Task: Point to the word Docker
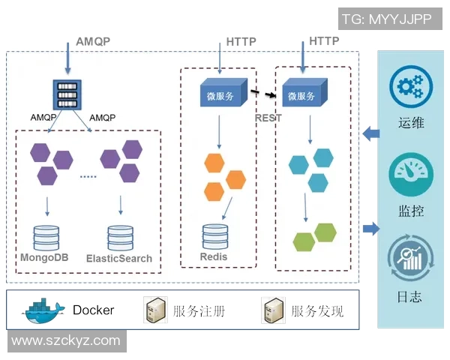94,310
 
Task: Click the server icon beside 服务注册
154,310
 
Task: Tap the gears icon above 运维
410,87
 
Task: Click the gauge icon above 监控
410,172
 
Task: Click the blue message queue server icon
67,94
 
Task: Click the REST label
268,118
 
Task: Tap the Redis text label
214,257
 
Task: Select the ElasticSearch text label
119,258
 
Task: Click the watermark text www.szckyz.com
66,340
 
